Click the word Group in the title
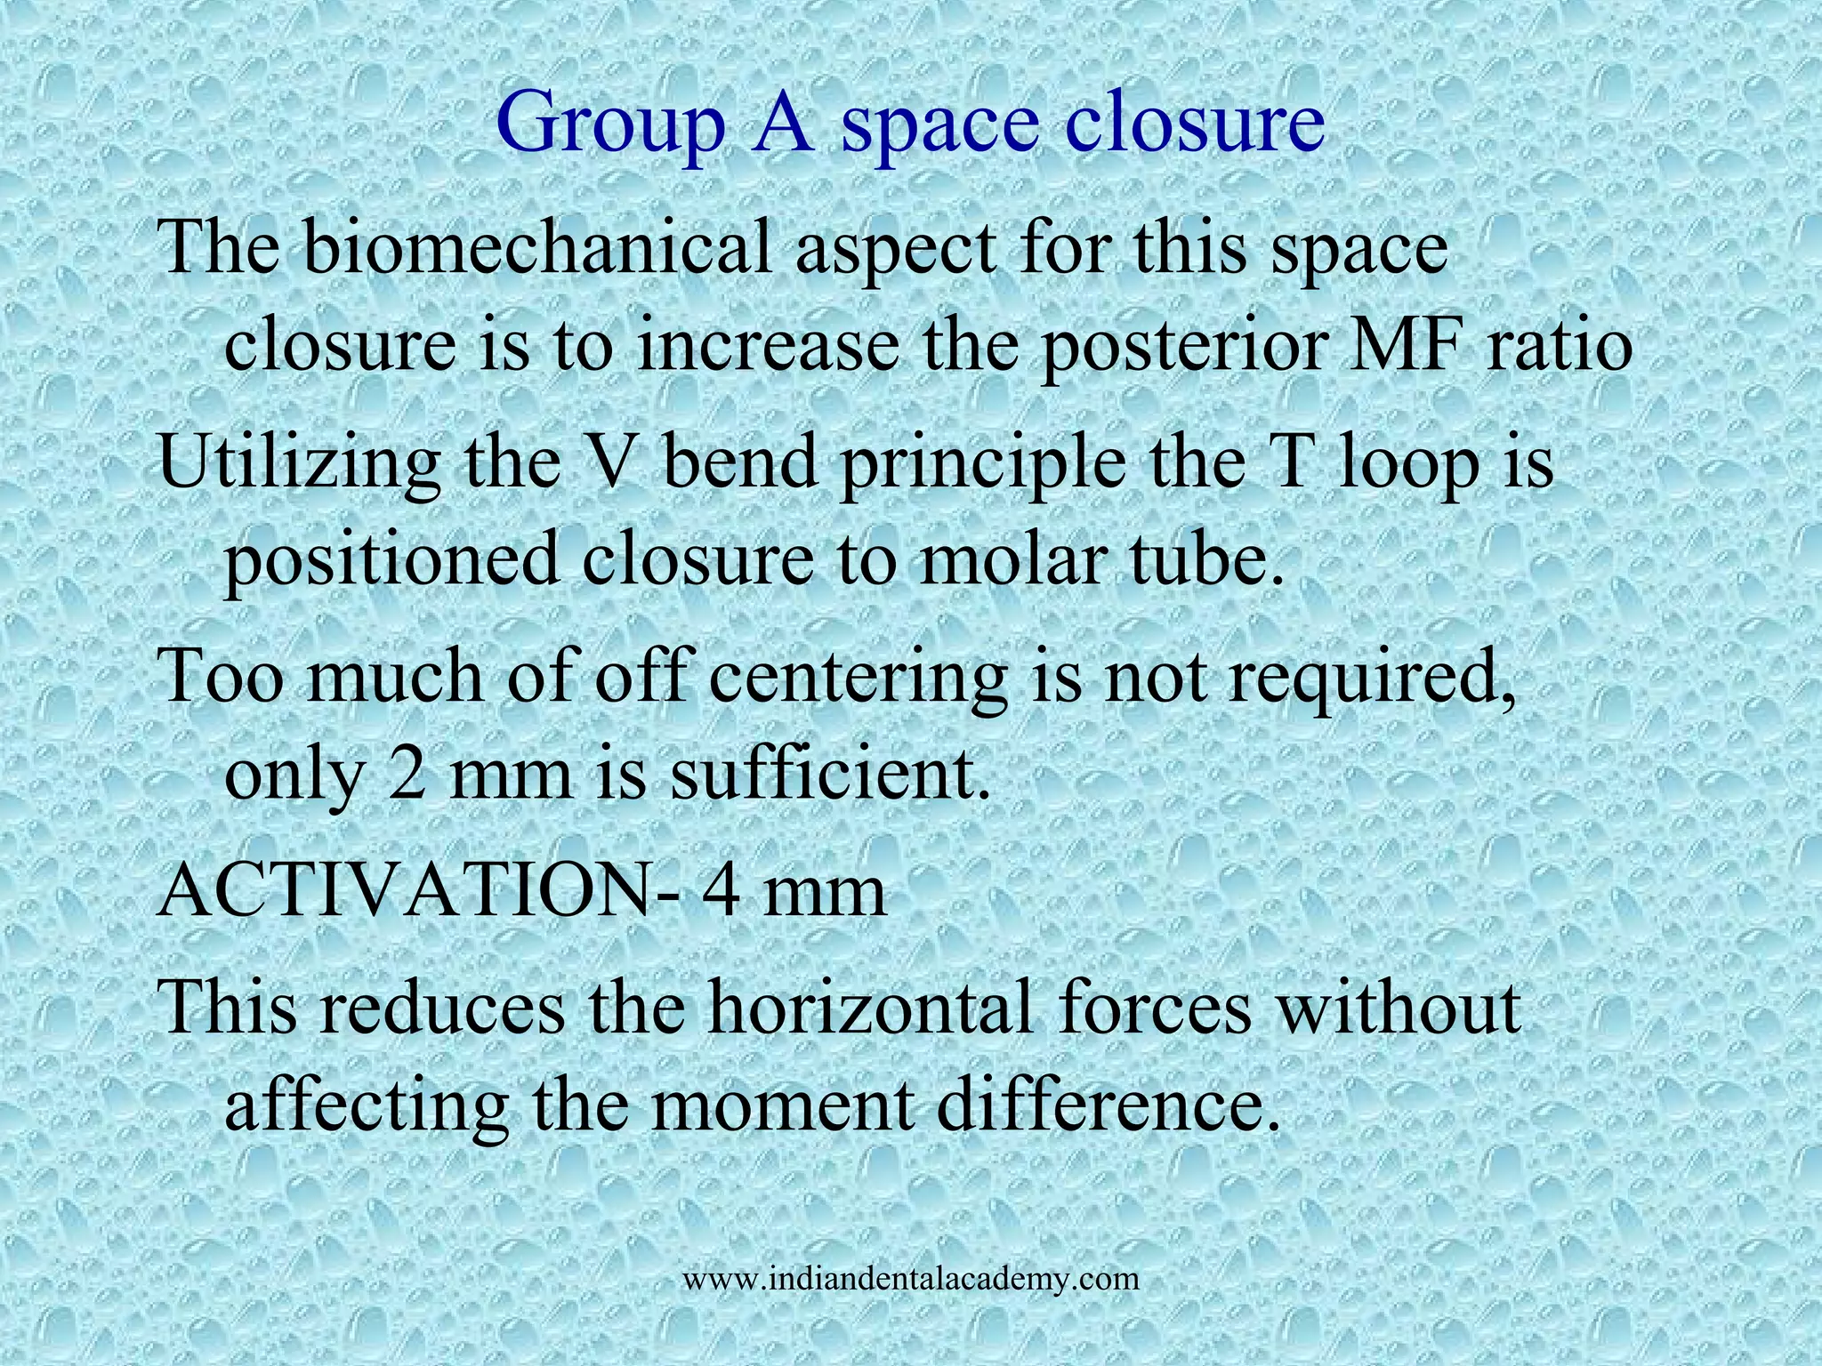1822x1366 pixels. click(610, 125)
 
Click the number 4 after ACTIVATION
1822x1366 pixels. click(720, 891)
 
